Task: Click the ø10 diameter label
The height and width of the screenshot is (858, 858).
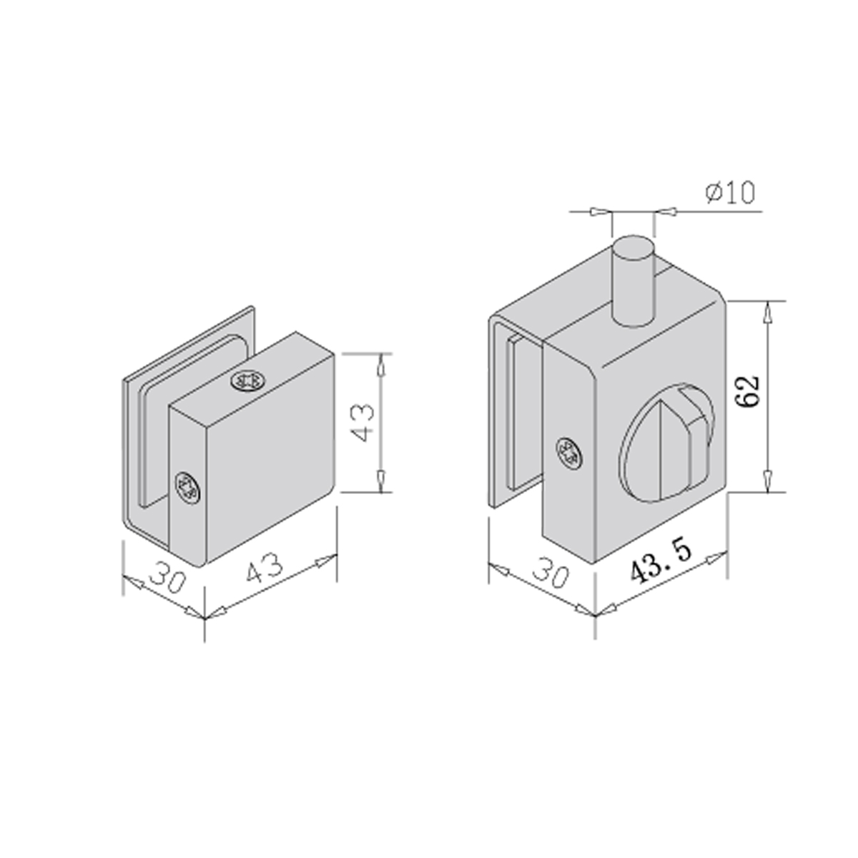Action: [730, 193]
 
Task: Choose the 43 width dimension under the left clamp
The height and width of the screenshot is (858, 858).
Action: [265, 570]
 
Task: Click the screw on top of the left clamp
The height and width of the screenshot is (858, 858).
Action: [248, 382]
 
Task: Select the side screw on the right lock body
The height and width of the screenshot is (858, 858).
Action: [569, 452]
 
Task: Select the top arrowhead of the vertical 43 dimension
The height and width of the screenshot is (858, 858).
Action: [381, 363]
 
